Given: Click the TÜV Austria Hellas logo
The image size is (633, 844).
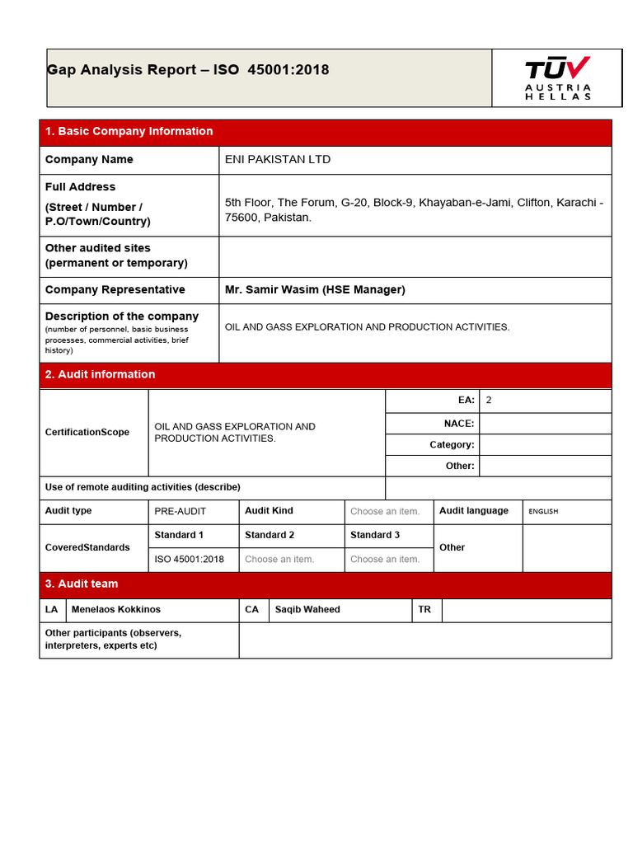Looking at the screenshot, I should click(558, 78).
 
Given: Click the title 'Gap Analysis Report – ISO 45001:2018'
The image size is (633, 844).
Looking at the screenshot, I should click(188, 70).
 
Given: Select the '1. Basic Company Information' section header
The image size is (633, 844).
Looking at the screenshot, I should click(129, 132).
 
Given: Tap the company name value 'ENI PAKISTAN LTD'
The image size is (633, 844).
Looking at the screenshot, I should click(278, 160).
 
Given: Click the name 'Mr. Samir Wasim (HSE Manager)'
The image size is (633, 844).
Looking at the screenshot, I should click(315, 290).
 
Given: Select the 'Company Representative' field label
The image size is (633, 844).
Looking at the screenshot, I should click(115, 290).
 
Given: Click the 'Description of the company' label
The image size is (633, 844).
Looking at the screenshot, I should click(121, 316).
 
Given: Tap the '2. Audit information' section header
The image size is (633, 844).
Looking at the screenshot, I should click(100, 375).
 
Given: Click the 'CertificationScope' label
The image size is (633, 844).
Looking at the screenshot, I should click(87, 433).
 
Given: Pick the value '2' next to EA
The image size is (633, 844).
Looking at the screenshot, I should click(489, 401).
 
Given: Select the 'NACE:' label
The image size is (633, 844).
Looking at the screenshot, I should click(458, 424).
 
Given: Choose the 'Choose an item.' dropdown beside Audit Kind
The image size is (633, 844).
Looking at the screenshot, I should click(385, 512).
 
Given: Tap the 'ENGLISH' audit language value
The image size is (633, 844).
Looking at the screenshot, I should click(543, 512).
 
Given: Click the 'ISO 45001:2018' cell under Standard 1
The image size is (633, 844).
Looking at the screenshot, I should click(189, 560).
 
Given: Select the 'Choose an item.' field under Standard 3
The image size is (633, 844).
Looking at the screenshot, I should click(385, 560).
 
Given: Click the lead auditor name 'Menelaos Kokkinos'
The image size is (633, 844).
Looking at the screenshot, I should click(116, 610).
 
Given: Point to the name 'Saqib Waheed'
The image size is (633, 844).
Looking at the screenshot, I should click(307, 610).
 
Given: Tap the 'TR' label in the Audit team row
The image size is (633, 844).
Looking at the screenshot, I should click(424, 610).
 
